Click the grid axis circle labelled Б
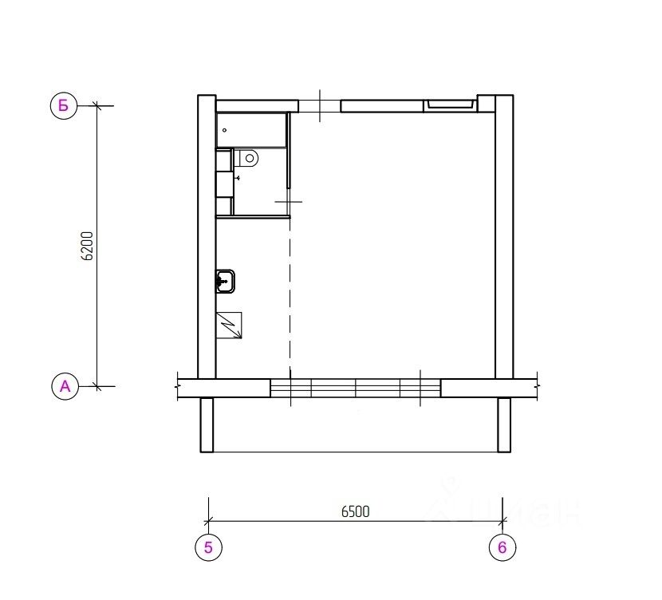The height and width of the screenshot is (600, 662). coord(64,105)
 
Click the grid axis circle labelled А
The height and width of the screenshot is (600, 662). coord(65,386)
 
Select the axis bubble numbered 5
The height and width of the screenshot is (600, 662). coord(208,547)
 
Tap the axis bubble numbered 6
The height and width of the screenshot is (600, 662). coord(502,547)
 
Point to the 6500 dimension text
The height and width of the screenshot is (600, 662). coord(356,511)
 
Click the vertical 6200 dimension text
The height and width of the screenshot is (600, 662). coord(87,246)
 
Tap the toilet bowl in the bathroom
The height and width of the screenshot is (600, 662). coord(248,158)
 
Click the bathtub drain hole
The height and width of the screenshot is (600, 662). coord(224,130)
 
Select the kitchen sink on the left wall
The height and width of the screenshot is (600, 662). coord(225,281)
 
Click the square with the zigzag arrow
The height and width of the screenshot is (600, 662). coord(229,325)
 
